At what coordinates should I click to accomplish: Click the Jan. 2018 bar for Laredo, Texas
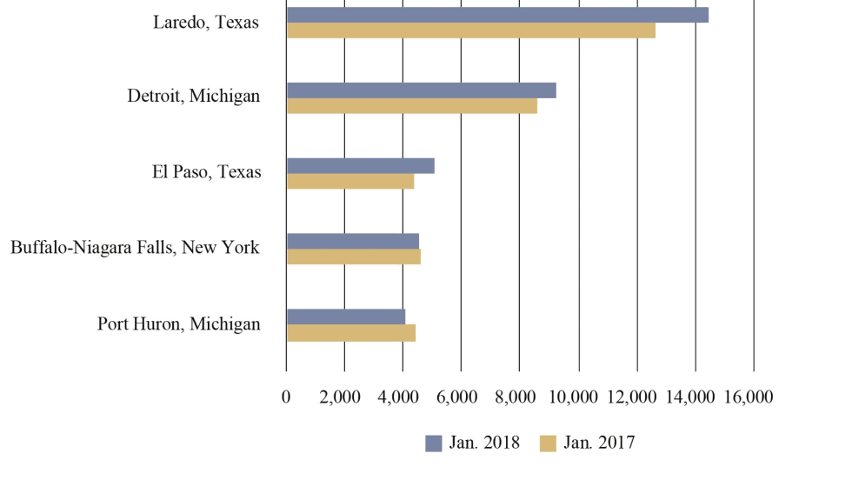497,15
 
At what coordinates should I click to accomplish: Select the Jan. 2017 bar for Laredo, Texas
470,30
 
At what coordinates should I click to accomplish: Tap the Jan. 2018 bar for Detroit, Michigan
421,90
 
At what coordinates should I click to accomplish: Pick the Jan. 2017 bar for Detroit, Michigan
411,106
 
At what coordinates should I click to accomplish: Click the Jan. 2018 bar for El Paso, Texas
360,166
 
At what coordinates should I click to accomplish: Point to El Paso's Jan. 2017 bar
349,182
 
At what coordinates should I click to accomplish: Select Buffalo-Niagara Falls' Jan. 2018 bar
352,241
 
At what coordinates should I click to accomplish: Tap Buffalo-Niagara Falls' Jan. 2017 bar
353,257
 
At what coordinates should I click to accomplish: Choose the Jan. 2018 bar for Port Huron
345,317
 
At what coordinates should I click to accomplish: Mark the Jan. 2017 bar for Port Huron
350,332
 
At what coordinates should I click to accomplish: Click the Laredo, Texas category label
206,23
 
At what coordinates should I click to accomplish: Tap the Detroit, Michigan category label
193,97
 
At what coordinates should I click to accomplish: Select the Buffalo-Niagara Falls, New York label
135,248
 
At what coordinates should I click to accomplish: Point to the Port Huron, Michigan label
179,324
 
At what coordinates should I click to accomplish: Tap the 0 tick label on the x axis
286,397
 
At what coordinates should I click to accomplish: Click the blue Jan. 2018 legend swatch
433,443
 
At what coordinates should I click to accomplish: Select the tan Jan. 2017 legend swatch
548,443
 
